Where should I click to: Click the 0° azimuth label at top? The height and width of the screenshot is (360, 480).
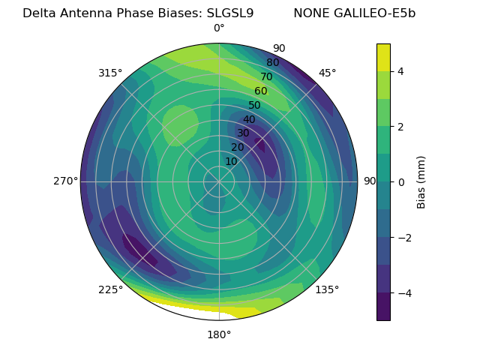tap(219, 28)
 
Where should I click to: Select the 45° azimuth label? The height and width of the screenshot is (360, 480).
tap(327, 73)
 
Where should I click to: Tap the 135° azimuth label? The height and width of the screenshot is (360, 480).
tap(328, 290)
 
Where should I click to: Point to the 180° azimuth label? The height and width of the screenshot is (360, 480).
tap(219, 334)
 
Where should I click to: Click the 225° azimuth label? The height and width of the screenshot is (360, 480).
tap(110, 290)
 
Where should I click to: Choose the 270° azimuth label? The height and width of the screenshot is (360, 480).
tap(65, 181)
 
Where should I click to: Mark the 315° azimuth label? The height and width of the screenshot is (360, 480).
tap(110, 73)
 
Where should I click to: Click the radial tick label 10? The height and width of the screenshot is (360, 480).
tap(231, 161)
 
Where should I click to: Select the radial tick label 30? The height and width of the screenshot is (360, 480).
tap(243, 133)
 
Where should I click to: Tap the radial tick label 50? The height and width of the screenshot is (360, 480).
tap(254, 106)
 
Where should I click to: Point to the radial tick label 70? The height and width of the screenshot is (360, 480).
tap(266, 77)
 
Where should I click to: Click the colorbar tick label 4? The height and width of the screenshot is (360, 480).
tap(400, 71)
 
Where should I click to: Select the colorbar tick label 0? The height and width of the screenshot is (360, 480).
tap(400, 182)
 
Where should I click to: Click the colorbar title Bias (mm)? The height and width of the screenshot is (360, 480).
tap(421, 182)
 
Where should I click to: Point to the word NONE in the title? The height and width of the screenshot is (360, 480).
tap(309, 13)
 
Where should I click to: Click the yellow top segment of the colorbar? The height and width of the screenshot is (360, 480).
tap(383, 57)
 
